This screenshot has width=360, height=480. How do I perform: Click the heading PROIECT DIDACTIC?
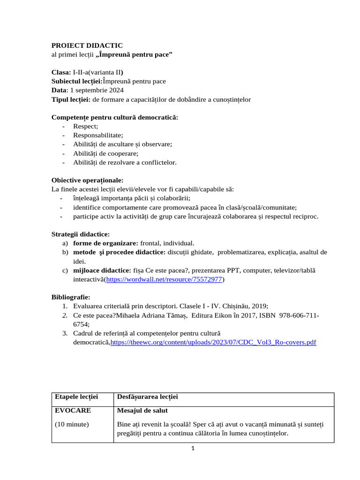87,45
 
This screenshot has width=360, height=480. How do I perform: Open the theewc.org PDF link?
213,343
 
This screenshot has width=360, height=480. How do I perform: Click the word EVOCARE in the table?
73,411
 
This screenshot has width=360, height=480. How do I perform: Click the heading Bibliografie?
70,298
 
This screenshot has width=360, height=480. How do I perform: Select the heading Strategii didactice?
80,234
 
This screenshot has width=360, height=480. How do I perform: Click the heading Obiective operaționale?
87,180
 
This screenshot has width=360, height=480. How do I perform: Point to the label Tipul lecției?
71,99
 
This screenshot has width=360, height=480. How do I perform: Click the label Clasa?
61,72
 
